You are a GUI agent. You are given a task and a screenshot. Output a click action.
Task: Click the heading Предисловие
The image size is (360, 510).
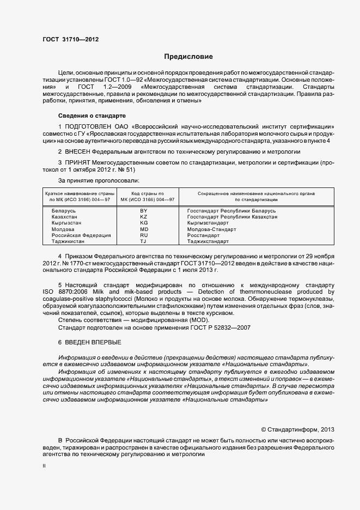point(188,57)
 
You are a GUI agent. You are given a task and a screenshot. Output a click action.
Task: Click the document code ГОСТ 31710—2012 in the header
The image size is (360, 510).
point(70,39)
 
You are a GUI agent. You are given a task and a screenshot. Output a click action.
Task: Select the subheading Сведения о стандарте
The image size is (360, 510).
point(91,116)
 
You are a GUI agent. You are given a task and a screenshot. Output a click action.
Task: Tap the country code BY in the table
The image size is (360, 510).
point(144,210)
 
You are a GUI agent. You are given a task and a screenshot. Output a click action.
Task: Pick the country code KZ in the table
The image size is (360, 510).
point(144,216)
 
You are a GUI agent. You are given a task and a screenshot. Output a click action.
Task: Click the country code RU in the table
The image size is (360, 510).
point(144,235)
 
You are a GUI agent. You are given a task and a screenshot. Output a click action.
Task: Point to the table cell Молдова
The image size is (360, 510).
point(63,229)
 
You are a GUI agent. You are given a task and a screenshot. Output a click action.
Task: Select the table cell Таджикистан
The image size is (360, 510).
point(68,241)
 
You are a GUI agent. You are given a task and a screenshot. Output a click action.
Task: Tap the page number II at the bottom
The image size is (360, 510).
point(44,466)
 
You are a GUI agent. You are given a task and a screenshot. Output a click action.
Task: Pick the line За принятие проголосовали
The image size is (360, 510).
point(98,180)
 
